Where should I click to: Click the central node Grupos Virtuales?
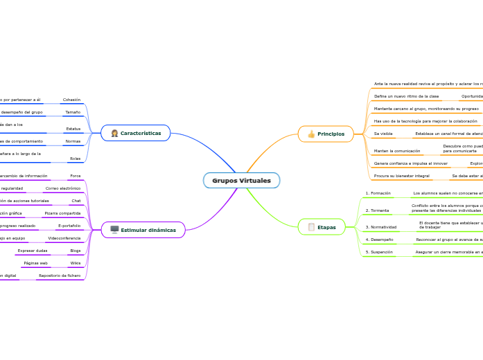pyautogui.click(x=241, y=181)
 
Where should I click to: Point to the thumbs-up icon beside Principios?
pyautogui.click(x=311, y=134)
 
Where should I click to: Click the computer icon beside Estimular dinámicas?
pyautogui.click(x=114, y=230)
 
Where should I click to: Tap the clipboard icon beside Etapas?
pyautogui.click(x=311, y=227)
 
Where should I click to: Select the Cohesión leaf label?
pyautogui.click(x=71, y=100)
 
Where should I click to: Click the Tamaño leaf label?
pyautogui.click(x=73, y=111)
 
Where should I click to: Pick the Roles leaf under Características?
pyautogui.click(x=75, y=159)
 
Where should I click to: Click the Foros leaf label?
pyautogui.click(x=76, y=176)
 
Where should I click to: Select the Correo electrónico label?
pyautogui.click(x=63, y=188)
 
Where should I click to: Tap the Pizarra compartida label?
pyautogui.click(x=62, y=213)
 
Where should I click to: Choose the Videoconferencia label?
pyautogui.click(x=64, y=238)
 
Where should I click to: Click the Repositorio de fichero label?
pyautogui.click(x=59, y=276)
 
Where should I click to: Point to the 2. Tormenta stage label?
pyautogui.click(x=377, y=210)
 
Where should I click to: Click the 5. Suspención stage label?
pyautogui.click(x=379, y=252)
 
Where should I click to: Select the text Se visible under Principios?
pyautogui.click(x=383, y=133)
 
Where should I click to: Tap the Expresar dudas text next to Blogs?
pyautogui.click(x=33, y=251)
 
